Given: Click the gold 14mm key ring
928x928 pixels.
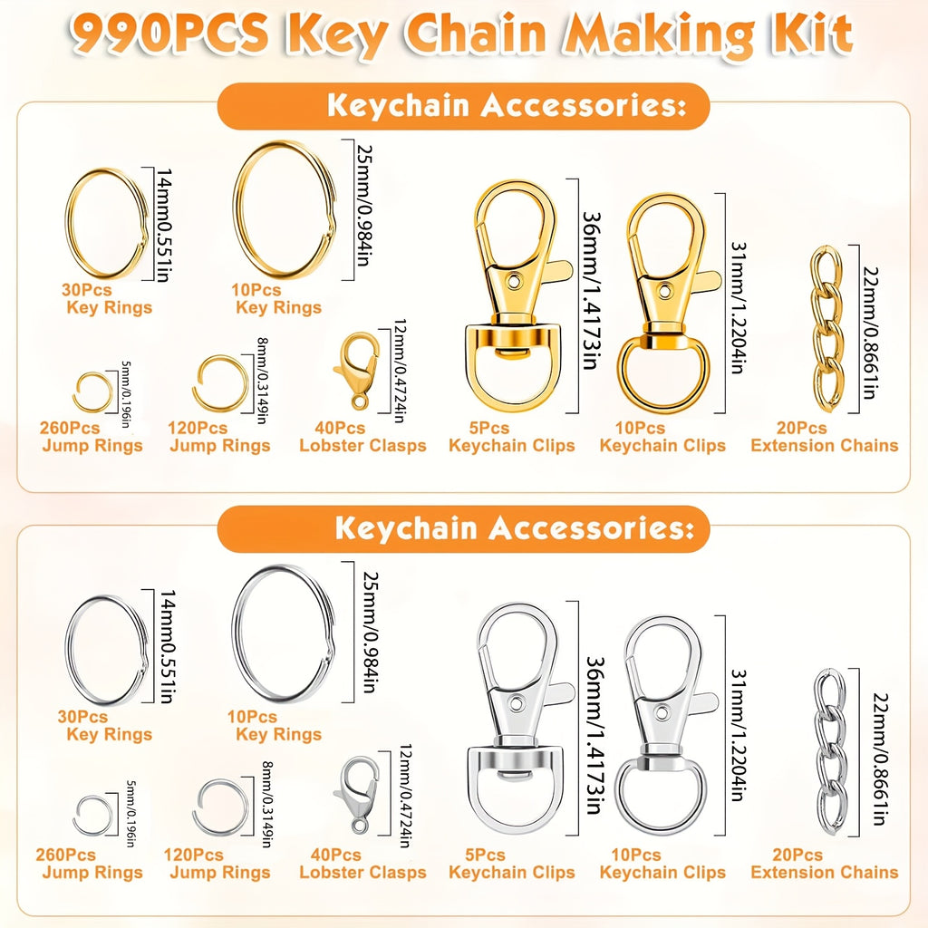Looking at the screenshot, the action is [x=66, y=225].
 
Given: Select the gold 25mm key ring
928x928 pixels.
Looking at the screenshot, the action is [x=236, y=210].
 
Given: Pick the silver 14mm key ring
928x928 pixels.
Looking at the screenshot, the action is [x=67, y=650].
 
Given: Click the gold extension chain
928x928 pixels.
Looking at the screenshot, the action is [x=827, y=328].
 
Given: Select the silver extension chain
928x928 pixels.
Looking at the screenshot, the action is [x=830, y=751].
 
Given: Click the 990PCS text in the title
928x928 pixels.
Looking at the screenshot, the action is [x=169, y=34].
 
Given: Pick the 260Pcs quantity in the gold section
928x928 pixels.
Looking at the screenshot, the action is [x=70, y=428].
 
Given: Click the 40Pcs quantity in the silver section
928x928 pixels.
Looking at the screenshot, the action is [x=335, y=855].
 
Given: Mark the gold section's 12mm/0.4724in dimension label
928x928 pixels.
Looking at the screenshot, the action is [x=400, y=371].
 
